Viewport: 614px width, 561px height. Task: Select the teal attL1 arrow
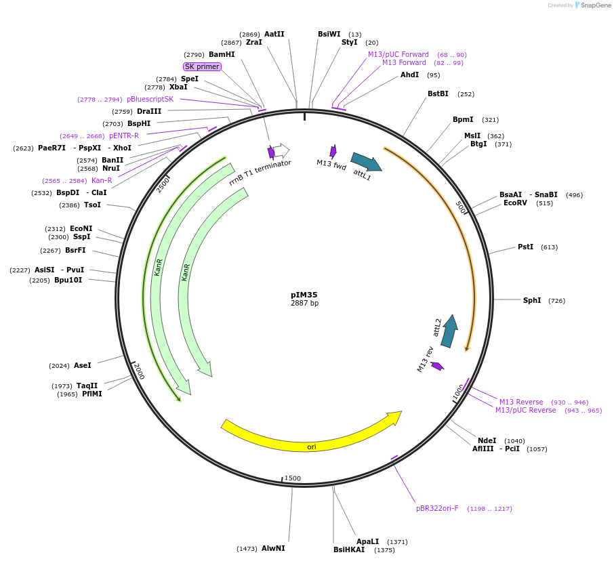(366, 162)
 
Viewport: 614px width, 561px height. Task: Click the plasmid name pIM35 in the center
(304, 295)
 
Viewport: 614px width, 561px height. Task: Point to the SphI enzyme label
(532, 300)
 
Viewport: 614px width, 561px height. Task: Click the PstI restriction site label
(525, 247)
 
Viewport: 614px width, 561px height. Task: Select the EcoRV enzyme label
(515, 203)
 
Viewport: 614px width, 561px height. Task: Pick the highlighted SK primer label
(202, 66)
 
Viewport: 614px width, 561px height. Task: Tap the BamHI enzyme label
(222, 54)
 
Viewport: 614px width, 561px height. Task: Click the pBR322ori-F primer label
(441, 508)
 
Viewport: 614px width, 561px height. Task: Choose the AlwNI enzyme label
(273, 548)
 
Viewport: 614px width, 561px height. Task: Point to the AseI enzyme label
(82, 365)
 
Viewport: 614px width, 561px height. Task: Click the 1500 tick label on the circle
(292, 478)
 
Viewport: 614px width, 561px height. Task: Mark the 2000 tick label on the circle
(138, 371)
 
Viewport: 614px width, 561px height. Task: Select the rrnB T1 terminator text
(260, 172)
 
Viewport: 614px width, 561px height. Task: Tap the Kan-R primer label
(102, 180)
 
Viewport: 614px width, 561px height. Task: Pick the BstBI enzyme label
(438, 93)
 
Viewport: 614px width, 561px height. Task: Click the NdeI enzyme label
(487, 440)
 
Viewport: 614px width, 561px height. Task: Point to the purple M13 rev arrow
(437, 366)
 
